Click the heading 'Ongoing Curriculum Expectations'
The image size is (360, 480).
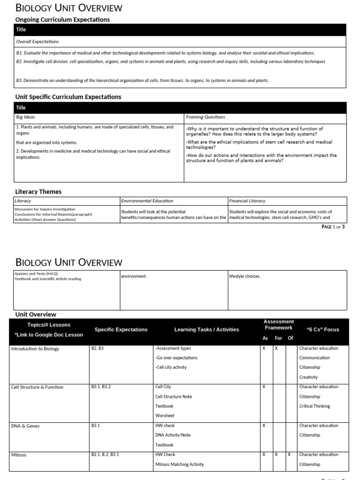pyautogui.click(x=63, y=20)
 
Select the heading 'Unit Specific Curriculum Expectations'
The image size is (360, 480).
pyautogui.click(x=68, y=97)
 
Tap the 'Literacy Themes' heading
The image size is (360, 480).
pyautogui.click(x=38, y=192)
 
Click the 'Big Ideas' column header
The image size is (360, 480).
pyautogui.click(x=26, y=117)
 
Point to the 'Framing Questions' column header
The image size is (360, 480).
pyautogui.click(x=205, y=117)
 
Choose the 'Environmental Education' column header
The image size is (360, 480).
pyautogui.click(x=147, y=201)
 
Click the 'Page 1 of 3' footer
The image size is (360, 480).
pyautogui.click(x=333, y=227)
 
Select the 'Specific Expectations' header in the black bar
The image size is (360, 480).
pyautogui.click(x=121, y=330)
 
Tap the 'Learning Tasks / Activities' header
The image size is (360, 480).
pyautogui.click(x=206, y=330)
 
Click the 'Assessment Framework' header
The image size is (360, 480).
pyautogui.click(x=278, y=324)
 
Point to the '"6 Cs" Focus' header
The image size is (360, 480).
pyautogui.click(x=322, y=330)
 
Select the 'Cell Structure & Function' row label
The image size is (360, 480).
pyautogui.click(x=37, y=387)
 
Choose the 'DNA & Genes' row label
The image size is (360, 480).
pyautogui.click(x=25, y=426)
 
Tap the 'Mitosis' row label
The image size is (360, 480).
pyautogui.click(x=19, y=455)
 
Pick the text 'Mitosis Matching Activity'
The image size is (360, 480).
pyautogui.click(x=180, y=465)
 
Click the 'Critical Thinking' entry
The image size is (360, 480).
pyautogui.click(x=315, y=406)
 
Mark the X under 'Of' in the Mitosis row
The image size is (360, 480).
pyautogui.click(x=289, y=455)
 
